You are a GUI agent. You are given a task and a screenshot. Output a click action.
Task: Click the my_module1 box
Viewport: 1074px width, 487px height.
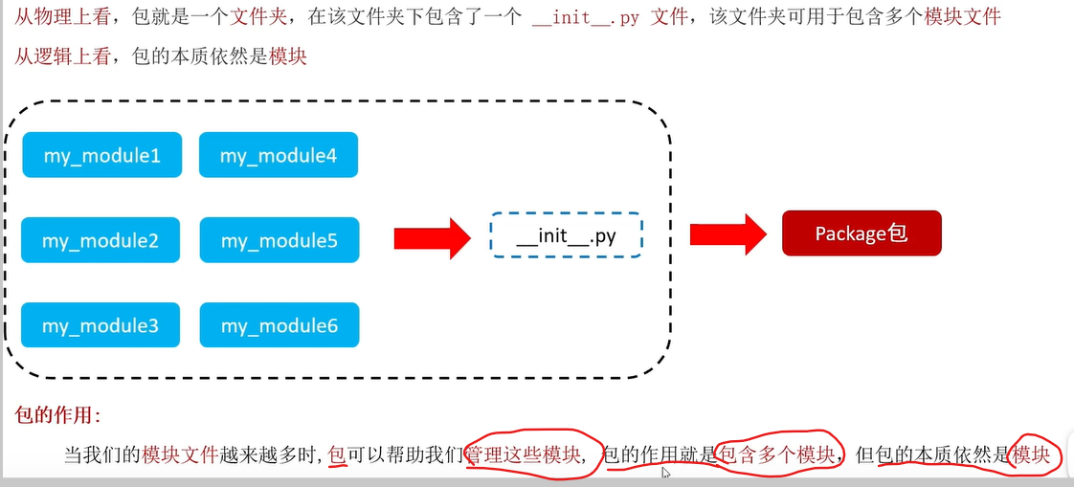pyautogui.click(x=101, y=155)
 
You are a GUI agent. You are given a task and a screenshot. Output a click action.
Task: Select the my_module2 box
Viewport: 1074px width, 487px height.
pyautogui.click(x=101, y=240)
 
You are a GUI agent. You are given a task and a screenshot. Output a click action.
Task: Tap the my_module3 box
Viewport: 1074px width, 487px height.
pyautogui.click(x=101, y=325)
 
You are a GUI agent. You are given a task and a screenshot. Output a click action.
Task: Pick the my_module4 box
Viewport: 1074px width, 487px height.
pyautogui.click(x=279, y=155)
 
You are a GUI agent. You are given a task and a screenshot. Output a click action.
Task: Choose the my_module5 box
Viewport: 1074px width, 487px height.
pyautogui.click(x=280, y=240)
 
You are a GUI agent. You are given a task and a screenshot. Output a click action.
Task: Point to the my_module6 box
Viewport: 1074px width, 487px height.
pyautogui.click(x=280, y=325)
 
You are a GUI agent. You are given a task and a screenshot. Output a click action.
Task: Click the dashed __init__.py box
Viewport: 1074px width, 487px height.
pyautogui.click(x=566, y=235)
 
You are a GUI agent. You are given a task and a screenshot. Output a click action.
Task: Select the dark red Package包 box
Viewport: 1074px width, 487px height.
pyautogui.click(x=861, y=233)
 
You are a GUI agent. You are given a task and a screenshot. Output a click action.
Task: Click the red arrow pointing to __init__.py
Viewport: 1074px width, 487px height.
pyautogui.click(x=433, y=235)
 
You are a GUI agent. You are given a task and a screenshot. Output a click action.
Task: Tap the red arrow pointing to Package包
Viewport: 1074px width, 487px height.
pyautogui.click(x=727, y=233)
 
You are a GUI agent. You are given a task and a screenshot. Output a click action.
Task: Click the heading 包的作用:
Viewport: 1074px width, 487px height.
pyautogui.click(x=57, y=414)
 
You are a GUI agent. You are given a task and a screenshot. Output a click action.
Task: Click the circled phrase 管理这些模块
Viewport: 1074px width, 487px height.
pyautogui.click(x=524, y=454)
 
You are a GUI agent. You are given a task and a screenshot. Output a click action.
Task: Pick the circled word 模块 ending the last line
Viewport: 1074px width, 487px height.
pyautogui.click(x=1033, y=454)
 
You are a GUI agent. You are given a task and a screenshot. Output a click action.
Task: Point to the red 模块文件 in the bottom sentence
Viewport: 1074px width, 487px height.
pyautogui.click(x=180, y=454)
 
